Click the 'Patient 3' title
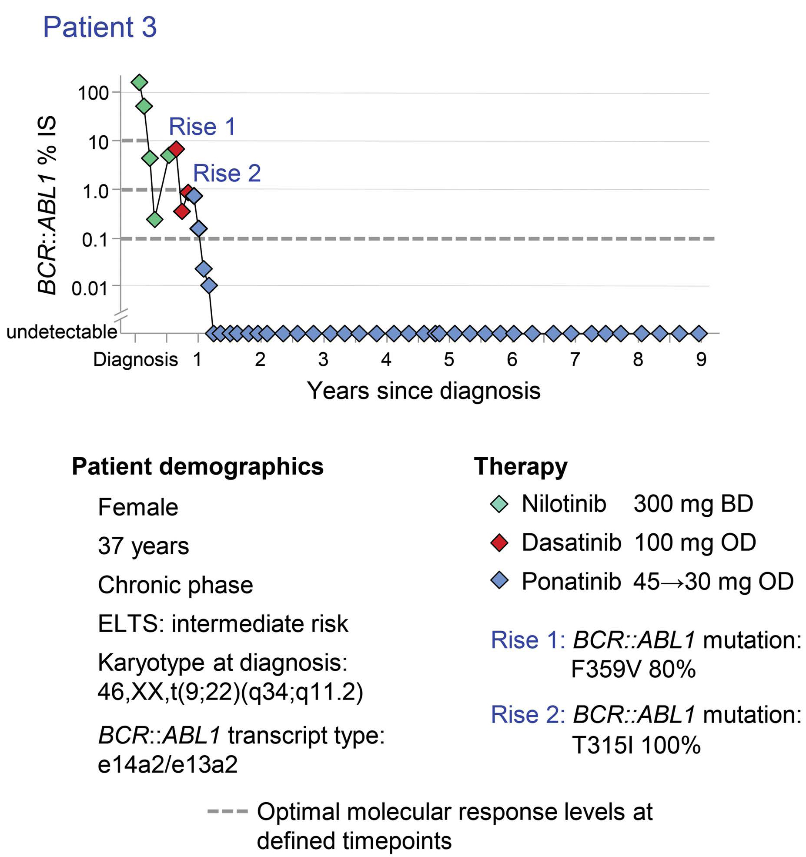pos(100,27)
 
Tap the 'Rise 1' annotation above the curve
pos(202,127)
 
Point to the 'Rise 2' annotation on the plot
pos(227,173)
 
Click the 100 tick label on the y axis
pos(93,93)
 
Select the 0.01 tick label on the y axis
pos(89,288)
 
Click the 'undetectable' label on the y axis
pos(62,332)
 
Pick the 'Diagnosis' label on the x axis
pos(135,360)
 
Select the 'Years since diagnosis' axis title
pos(424,391)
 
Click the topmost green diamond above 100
pos(139,82)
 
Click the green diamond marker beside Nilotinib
pos(499,505)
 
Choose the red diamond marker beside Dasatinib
pos(499,543)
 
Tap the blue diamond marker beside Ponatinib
pos(499,581)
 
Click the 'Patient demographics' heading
pos(197,467)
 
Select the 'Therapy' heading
pos(521,467)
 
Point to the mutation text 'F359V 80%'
pos(633,670)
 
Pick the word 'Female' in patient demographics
pos(138,507)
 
